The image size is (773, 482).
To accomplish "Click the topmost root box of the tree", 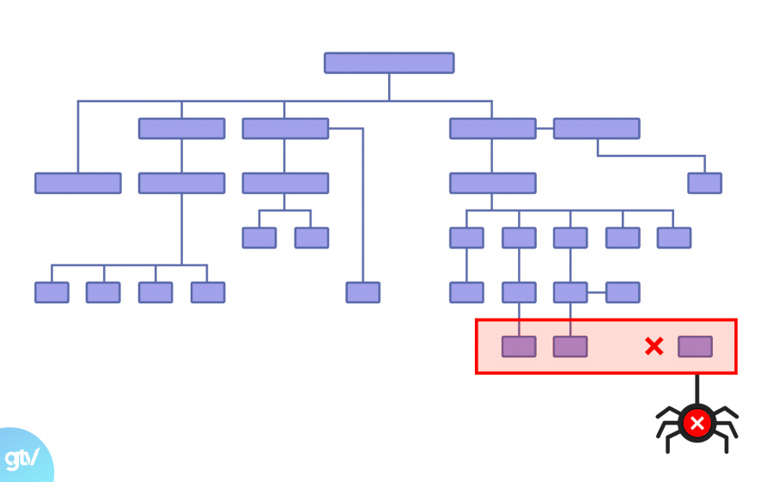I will pos(389,63).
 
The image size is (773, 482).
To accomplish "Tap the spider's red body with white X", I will pos(697,423).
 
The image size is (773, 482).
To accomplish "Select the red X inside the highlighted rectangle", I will pos(654,346).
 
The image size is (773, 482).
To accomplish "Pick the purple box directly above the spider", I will pos(695,346).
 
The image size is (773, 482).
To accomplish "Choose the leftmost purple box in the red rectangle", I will pos(519,346).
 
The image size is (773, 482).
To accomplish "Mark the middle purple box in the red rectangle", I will pos(570,346).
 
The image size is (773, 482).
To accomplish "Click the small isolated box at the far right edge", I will pos(704,183).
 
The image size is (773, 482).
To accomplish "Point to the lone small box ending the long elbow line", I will pos(362,292).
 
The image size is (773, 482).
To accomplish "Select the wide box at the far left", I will pos(78,183).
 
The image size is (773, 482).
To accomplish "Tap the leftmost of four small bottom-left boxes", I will pos(52,292).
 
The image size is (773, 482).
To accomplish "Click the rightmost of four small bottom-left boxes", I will pos(208,292).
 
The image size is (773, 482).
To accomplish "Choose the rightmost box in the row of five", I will pos(674,237).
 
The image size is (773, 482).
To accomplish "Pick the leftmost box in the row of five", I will pos(466,237).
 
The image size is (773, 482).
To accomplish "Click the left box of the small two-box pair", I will pos(259,237).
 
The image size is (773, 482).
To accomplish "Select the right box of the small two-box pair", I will pos(311,237).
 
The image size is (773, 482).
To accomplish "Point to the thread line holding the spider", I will pos(697,388).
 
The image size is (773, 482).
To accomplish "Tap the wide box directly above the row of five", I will pos(493,183).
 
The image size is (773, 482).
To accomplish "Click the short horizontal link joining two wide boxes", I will pos(545,129).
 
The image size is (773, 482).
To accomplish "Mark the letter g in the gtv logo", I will pos(10,461).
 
